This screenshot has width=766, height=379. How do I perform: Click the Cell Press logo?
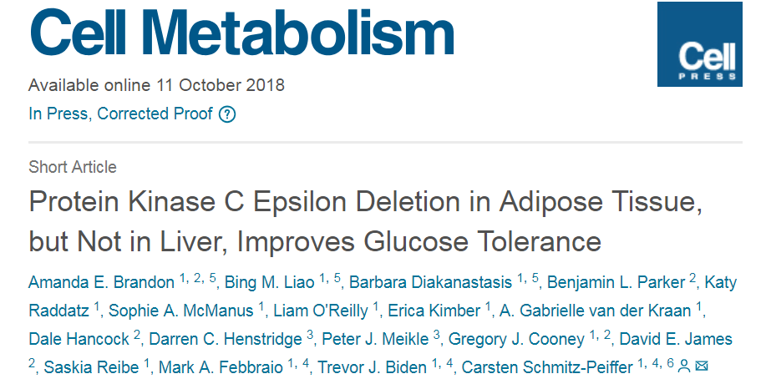point(699,43)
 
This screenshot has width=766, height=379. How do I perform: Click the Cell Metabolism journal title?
point(241,35)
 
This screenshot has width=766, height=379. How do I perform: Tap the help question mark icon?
point(226,114)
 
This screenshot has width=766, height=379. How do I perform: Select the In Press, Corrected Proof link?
point(120,114)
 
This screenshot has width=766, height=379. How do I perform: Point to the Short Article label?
point(73,166)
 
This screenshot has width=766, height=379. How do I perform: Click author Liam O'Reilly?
point(320,311)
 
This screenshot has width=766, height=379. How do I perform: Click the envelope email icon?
point(702,366)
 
